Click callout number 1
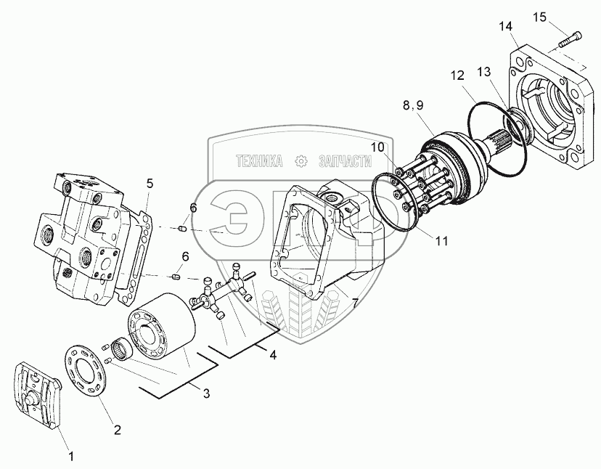click(70, 457)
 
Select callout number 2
click(115, 429)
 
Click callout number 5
click(149, 184)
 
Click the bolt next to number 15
click(569, 38)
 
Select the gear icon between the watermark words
click(299, 160)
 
